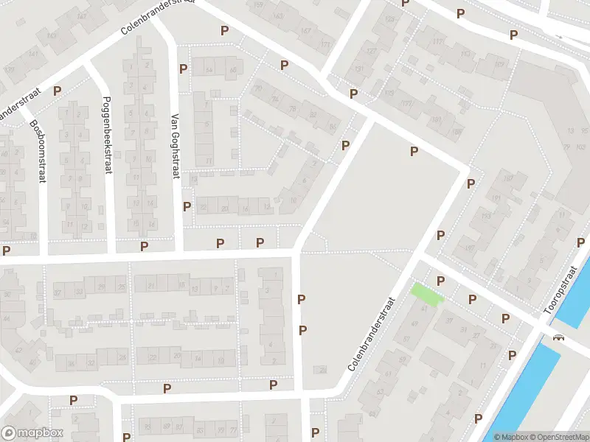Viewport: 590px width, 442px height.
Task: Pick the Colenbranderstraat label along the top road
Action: pyautogui.click(x=158, y=16)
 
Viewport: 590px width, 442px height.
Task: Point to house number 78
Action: pyautogui.click(x=293, y=108)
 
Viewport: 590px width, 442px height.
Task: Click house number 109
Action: pyautogui.click(x=502, y=65)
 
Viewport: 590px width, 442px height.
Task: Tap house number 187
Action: pyautogui.click(x=508, y=179)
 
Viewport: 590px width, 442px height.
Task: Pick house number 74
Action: pyautogui.click(x=275, y=99)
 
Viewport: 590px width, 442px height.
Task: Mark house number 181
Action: pyautogui.click(x=436, y=119)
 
